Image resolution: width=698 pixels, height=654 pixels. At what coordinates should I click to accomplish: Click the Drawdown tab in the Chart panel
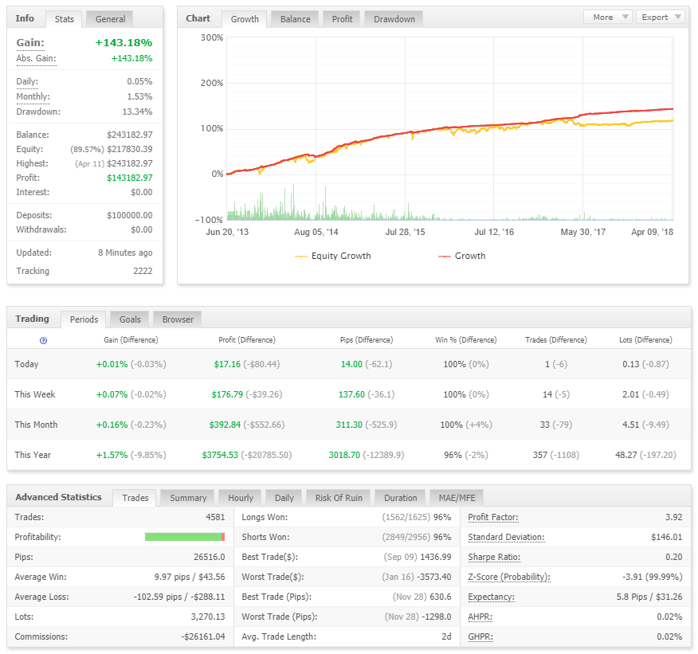click(x=394, y=19)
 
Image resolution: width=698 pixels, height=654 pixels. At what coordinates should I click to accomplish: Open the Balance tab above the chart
click(x=295, y=19)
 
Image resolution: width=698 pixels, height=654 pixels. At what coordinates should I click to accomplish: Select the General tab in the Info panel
click(x=110, y=19)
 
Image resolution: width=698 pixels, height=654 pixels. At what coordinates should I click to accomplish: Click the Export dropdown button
click(x=661, y=17)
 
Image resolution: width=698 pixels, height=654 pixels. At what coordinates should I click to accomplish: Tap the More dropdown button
click(x=608, y=17)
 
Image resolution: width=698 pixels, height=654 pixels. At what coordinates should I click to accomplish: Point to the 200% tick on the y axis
click(x=212, y=83)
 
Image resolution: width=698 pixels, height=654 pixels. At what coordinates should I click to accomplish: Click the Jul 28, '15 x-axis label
click(x=405, y=232)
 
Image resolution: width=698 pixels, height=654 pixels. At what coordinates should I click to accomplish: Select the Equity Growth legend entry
click(x=333, y=256)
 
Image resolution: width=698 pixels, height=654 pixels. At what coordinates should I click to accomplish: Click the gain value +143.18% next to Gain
click(x=124, y=43)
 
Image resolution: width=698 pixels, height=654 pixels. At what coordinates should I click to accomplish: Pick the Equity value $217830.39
click(x=130, y=149)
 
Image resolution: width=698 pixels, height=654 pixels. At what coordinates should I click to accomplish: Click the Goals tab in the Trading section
click(x=130, y=319)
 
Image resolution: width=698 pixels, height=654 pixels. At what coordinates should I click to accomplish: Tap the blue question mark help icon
click(x=43, y=340)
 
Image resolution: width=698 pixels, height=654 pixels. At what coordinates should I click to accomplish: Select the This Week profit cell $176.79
click(x=227, y=394)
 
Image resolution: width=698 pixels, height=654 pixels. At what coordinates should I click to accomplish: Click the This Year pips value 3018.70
click(x=344, y=455)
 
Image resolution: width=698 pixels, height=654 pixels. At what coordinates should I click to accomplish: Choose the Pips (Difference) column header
click(x=367, y=340)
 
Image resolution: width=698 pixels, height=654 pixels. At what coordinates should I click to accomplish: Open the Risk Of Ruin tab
click(x=339, y=498)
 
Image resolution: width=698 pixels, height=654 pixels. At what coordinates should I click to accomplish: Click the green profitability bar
click(x=183, y=537)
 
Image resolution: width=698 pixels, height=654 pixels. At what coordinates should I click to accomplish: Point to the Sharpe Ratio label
click(x=494, y=557)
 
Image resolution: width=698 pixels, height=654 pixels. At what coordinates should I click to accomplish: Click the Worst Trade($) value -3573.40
click(x=434, y=577)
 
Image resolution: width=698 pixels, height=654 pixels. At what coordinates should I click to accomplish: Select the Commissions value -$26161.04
click(x=203, y=636)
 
